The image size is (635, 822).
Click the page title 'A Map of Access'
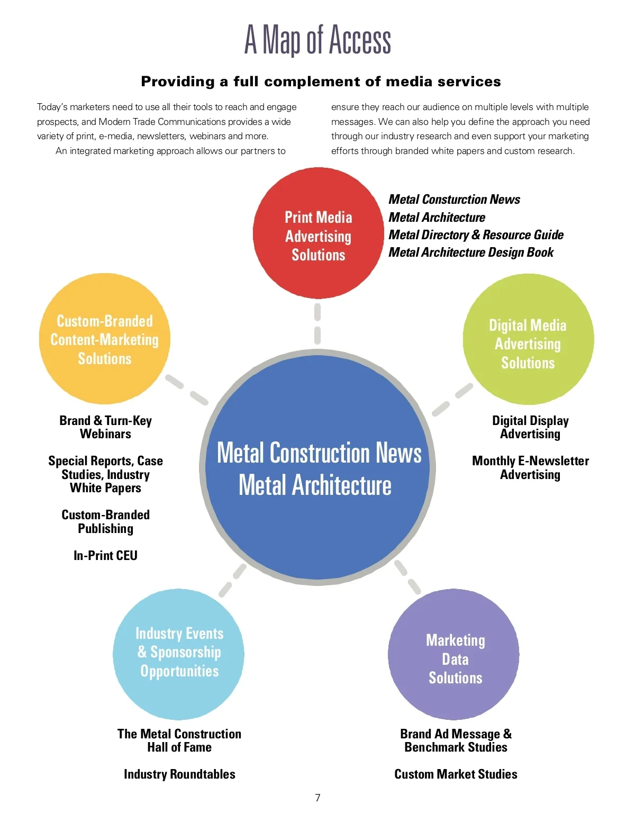coord(317,40)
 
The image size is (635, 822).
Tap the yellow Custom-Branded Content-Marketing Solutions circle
coord(105,339)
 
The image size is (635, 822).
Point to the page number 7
coord(317,798)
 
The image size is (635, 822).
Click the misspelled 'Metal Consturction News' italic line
coord(454,200)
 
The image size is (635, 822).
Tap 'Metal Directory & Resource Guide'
coord(476,234)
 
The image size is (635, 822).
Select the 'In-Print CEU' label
coord(105,555)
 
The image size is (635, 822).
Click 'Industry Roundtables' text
coord(179,774)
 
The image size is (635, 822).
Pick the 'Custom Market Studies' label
coord(456,774)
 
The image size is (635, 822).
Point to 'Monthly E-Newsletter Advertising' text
coord(530,467)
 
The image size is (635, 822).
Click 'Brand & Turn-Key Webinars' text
coord(105,427)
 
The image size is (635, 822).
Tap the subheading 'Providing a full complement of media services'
coord(321,82)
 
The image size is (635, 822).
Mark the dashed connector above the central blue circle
coord(317,324)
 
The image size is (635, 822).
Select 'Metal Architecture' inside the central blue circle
coord(315,485)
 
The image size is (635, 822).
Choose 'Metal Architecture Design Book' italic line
coord(471,252)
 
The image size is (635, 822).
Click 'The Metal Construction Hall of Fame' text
coord(179,740)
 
